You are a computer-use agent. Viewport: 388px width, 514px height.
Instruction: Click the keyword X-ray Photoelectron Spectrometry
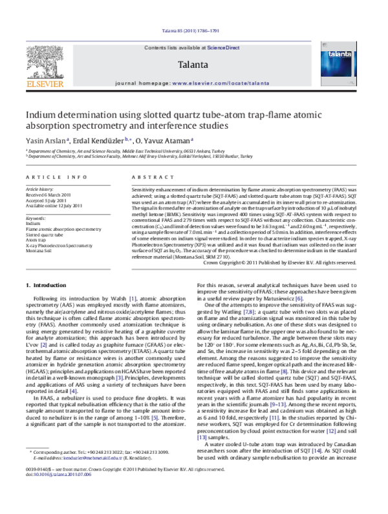[x=59, y=246]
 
